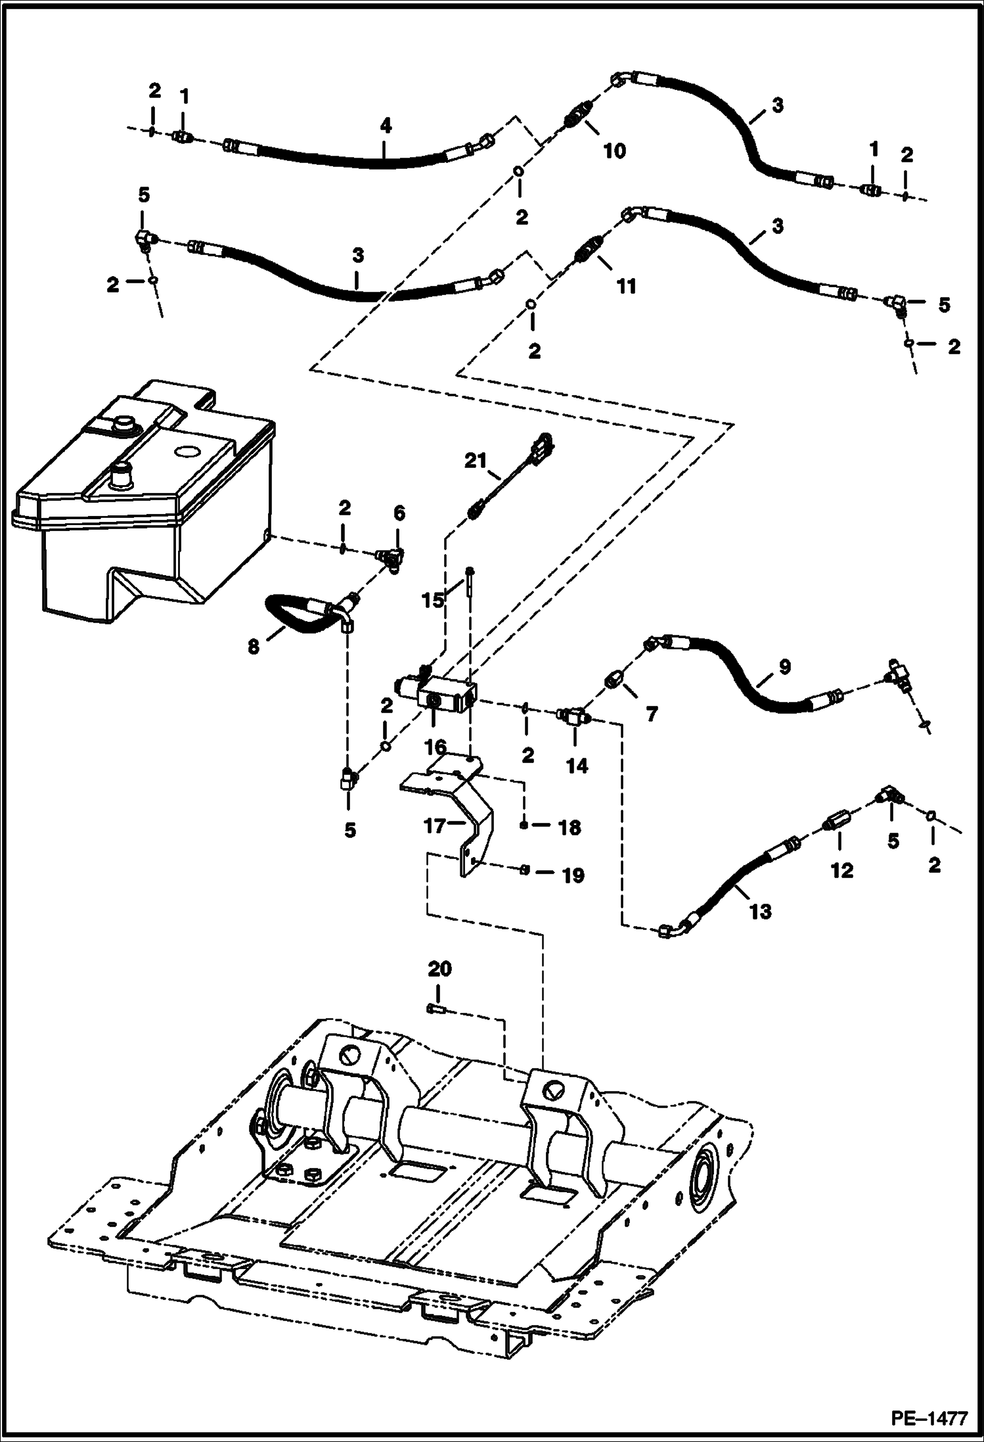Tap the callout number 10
614,151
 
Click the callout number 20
440,969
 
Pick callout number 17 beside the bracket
436,826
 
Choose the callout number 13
760,912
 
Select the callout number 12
841,870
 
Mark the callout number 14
577,766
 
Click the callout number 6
399,513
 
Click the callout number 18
570,827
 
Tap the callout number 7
651,713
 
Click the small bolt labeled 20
435,1009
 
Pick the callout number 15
434,601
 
